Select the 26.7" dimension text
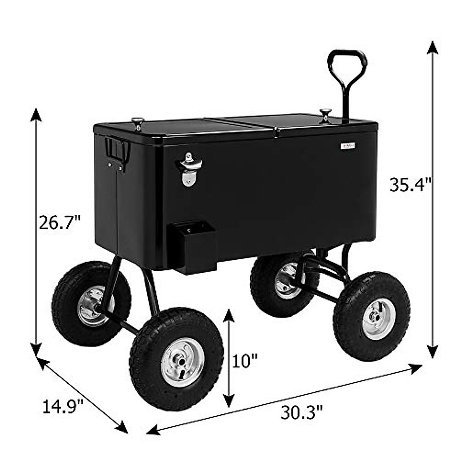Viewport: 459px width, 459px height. pos(60,222)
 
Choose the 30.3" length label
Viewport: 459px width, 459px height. pos(302,412)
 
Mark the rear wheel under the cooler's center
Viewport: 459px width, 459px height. pos(285,279)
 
